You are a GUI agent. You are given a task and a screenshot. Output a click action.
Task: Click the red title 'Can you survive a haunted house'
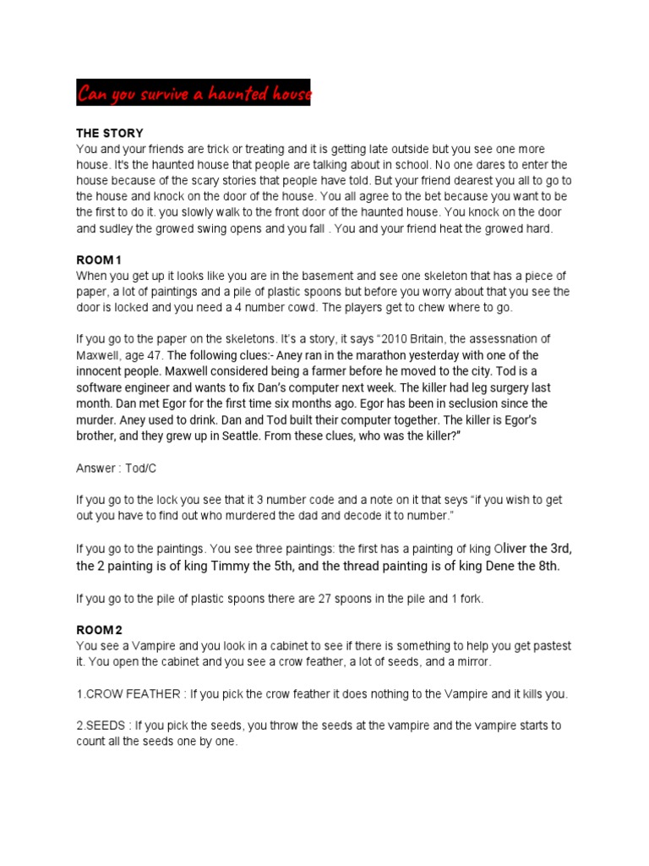coord(194,93)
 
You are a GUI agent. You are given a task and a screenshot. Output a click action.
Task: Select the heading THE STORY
coord(110,134)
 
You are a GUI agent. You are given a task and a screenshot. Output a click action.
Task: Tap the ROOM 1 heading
coord(100,260)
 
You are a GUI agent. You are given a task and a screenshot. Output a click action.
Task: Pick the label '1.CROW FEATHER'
coord(129,693)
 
